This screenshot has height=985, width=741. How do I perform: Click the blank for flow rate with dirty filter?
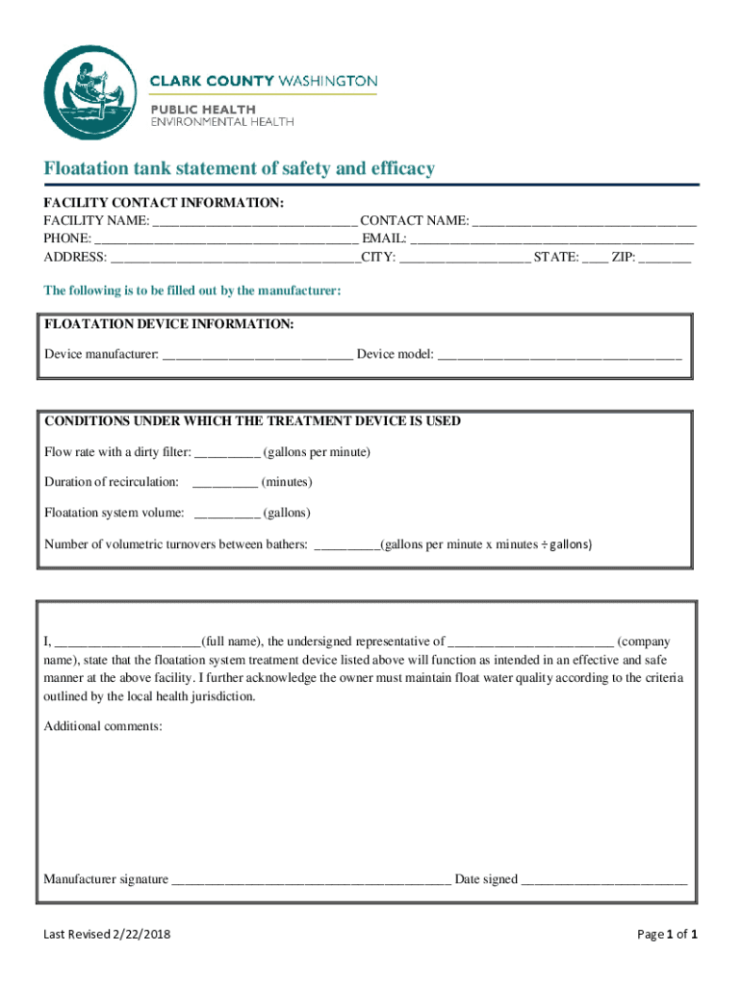(227, 453)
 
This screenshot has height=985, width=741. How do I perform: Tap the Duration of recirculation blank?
(225, 483)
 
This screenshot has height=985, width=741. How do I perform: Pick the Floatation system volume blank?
(227, 514)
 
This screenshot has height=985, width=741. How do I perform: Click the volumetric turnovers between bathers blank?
(346, 545)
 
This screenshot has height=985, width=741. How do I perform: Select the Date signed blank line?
(604, 880)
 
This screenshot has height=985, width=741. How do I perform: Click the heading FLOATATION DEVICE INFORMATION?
(169, 325)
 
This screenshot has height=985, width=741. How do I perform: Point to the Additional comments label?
(104, 726)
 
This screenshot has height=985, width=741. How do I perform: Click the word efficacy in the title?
(402, 169)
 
